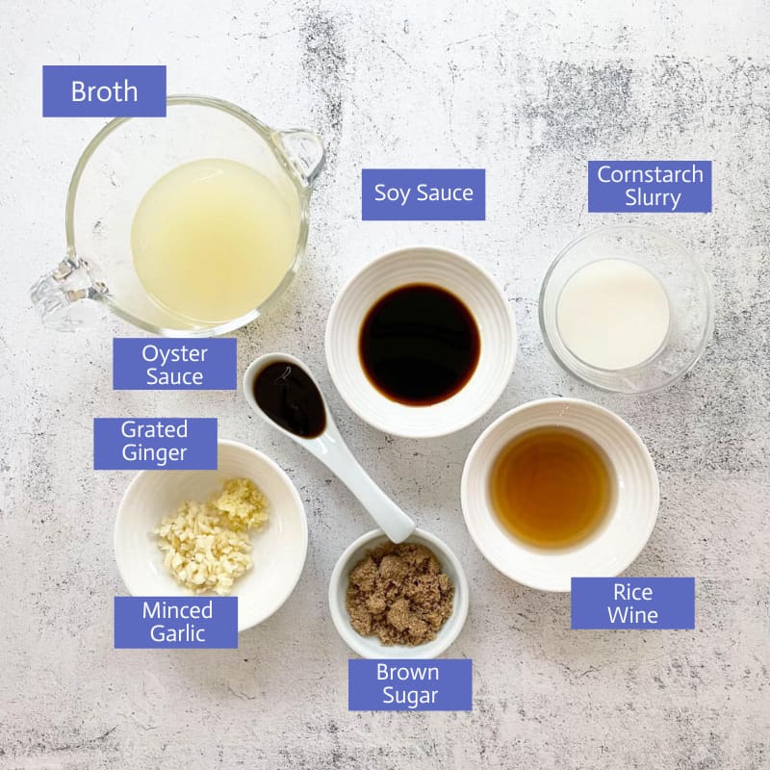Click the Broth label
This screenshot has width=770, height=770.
(104, 91)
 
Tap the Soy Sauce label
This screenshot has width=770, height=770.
(423, 194)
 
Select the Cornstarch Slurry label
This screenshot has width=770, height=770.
(650, 187)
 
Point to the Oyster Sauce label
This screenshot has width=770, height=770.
(175, 364)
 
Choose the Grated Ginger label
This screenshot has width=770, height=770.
(155, 444)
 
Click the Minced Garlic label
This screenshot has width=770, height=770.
(176, 622)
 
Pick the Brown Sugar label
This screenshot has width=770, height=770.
(410, 684)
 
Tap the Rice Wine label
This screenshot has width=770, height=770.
(632, 603)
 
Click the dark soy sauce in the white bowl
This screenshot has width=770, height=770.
(420, 345)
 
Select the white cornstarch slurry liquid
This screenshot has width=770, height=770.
(613, 315)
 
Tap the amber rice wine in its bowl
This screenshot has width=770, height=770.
(551, 487)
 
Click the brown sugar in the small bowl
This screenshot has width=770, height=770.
(399, 594)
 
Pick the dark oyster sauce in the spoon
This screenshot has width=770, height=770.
(290, 399)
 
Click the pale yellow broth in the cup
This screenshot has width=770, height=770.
(214, 241)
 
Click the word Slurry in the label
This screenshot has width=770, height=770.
(653, 198)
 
